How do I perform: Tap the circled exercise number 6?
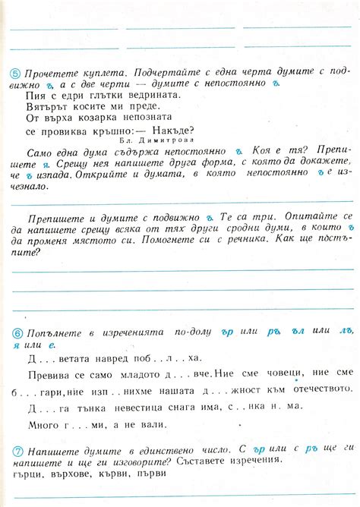click(16, 333)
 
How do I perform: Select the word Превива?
click(49, 375)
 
